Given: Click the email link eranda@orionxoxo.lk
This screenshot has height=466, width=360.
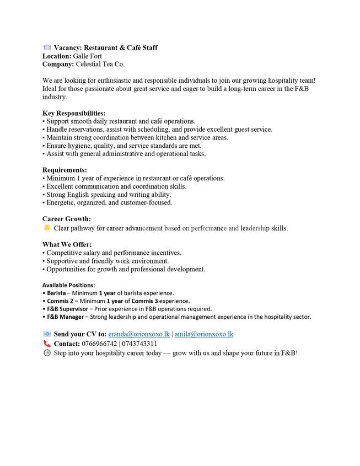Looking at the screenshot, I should [x=138, y=334].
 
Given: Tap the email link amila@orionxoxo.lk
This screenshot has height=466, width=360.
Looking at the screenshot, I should [x=204, y=334].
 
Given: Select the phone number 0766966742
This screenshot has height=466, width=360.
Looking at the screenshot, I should [x=99, y=344].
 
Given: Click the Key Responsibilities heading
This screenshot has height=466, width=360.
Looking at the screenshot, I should [x=74, y=113].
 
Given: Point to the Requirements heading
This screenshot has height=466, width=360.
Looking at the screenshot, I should [x=65, y=170].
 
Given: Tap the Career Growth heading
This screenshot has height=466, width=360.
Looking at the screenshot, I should [x=67, y=219].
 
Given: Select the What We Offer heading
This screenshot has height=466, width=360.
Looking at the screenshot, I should [x=67, y=244].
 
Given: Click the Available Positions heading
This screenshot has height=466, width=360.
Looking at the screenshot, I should [x=68, y=285].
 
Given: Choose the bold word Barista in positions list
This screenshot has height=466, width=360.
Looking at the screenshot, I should [x=57, y=293].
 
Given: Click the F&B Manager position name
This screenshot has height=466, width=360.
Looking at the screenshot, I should [x=66, y=317].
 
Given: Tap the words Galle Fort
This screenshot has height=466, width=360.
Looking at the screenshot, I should [x=88, y=56].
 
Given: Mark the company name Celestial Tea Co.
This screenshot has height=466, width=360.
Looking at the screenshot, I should [x=100, y=65].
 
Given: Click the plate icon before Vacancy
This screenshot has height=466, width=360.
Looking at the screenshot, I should [x=47, y=48].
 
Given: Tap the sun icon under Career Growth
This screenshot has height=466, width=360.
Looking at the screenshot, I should [x=47, y=228].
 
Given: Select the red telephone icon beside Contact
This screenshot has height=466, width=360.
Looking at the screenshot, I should [x=47, y=344].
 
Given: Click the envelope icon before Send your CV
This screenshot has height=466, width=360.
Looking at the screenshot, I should [x=47, y=334].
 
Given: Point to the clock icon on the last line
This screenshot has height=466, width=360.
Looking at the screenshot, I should [x=47, y=352].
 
